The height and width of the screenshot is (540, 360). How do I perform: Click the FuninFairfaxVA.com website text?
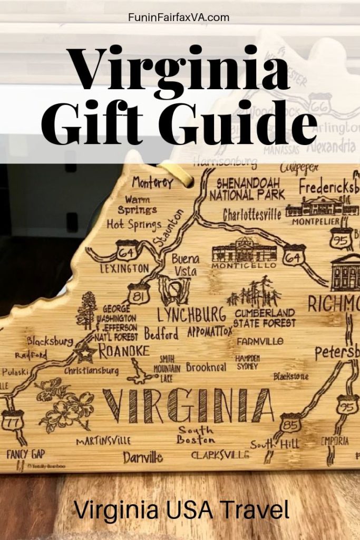(x=179, y=17)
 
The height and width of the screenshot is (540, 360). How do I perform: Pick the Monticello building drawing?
(x=243, y=250)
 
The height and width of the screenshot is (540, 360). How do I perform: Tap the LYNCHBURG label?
(x=192, y=315)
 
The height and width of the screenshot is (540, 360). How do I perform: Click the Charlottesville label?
(x=252, y=215)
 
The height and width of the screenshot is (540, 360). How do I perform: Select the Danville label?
(x=143, y=457)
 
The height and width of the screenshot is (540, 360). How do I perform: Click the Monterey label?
(x=153, y=184)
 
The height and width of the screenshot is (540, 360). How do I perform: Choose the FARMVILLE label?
(x=260, y=342)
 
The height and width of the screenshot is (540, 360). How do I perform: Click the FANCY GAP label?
(x=26, y=454)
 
